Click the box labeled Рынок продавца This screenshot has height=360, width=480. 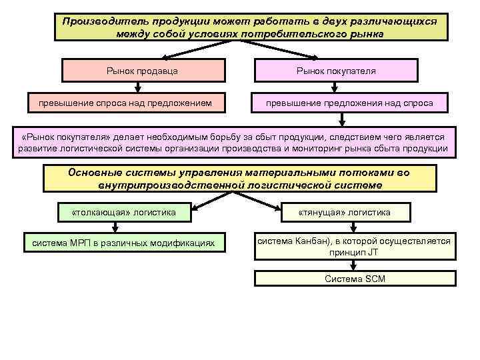click(x=141, y=70)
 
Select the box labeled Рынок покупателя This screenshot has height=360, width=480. click(x=336, y=70)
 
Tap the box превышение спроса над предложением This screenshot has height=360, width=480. click(x=125, y=103)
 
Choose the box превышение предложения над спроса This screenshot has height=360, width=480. click(x=349, y=103)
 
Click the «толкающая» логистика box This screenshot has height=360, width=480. click(x=123, y=212)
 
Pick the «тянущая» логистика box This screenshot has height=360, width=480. click(x=345, y=212)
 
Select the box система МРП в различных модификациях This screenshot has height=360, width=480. click(x=123, y=243)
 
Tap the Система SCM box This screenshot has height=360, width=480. click(x=355, y=279)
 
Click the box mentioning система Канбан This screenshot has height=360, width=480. click(x=355, y=247)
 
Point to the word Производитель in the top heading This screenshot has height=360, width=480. click(x=98, y=21)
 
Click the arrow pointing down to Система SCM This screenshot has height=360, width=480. click(x=354, y=265)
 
